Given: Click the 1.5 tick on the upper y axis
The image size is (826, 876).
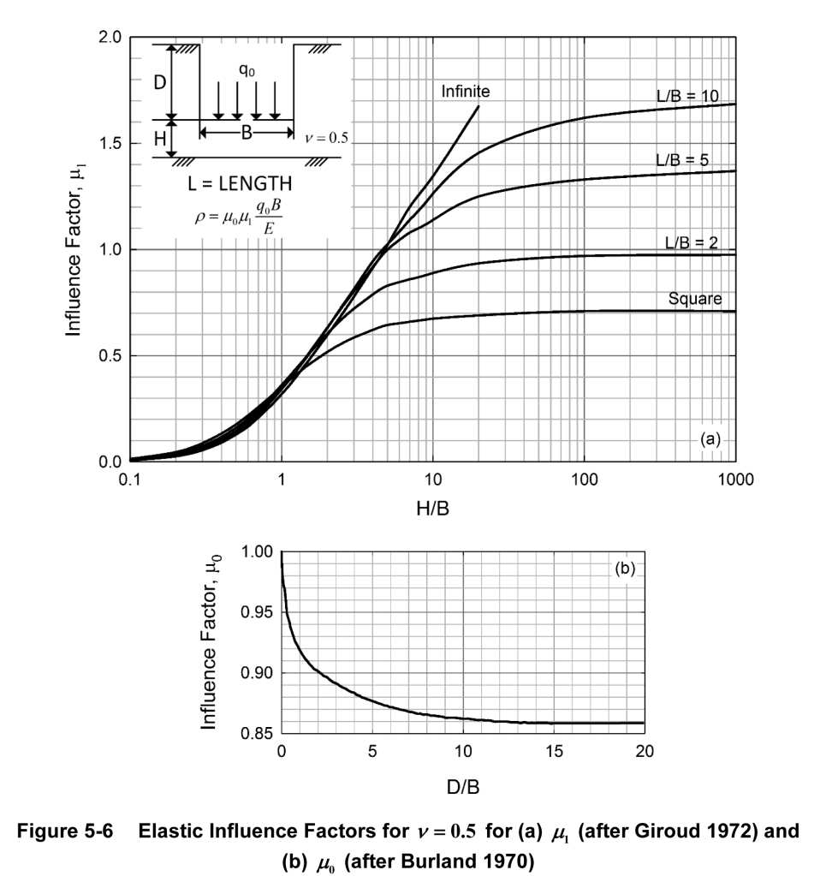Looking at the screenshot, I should [x=111, y=144].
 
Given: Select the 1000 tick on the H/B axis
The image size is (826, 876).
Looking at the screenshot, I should [x=736, y=480].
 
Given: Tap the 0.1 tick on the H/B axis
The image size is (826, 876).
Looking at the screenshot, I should [x=130, y=480].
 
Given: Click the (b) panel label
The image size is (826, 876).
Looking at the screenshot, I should [x=626, y=567].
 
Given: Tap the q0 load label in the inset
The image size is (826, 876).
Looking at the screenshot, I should [x=246, y=72].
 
